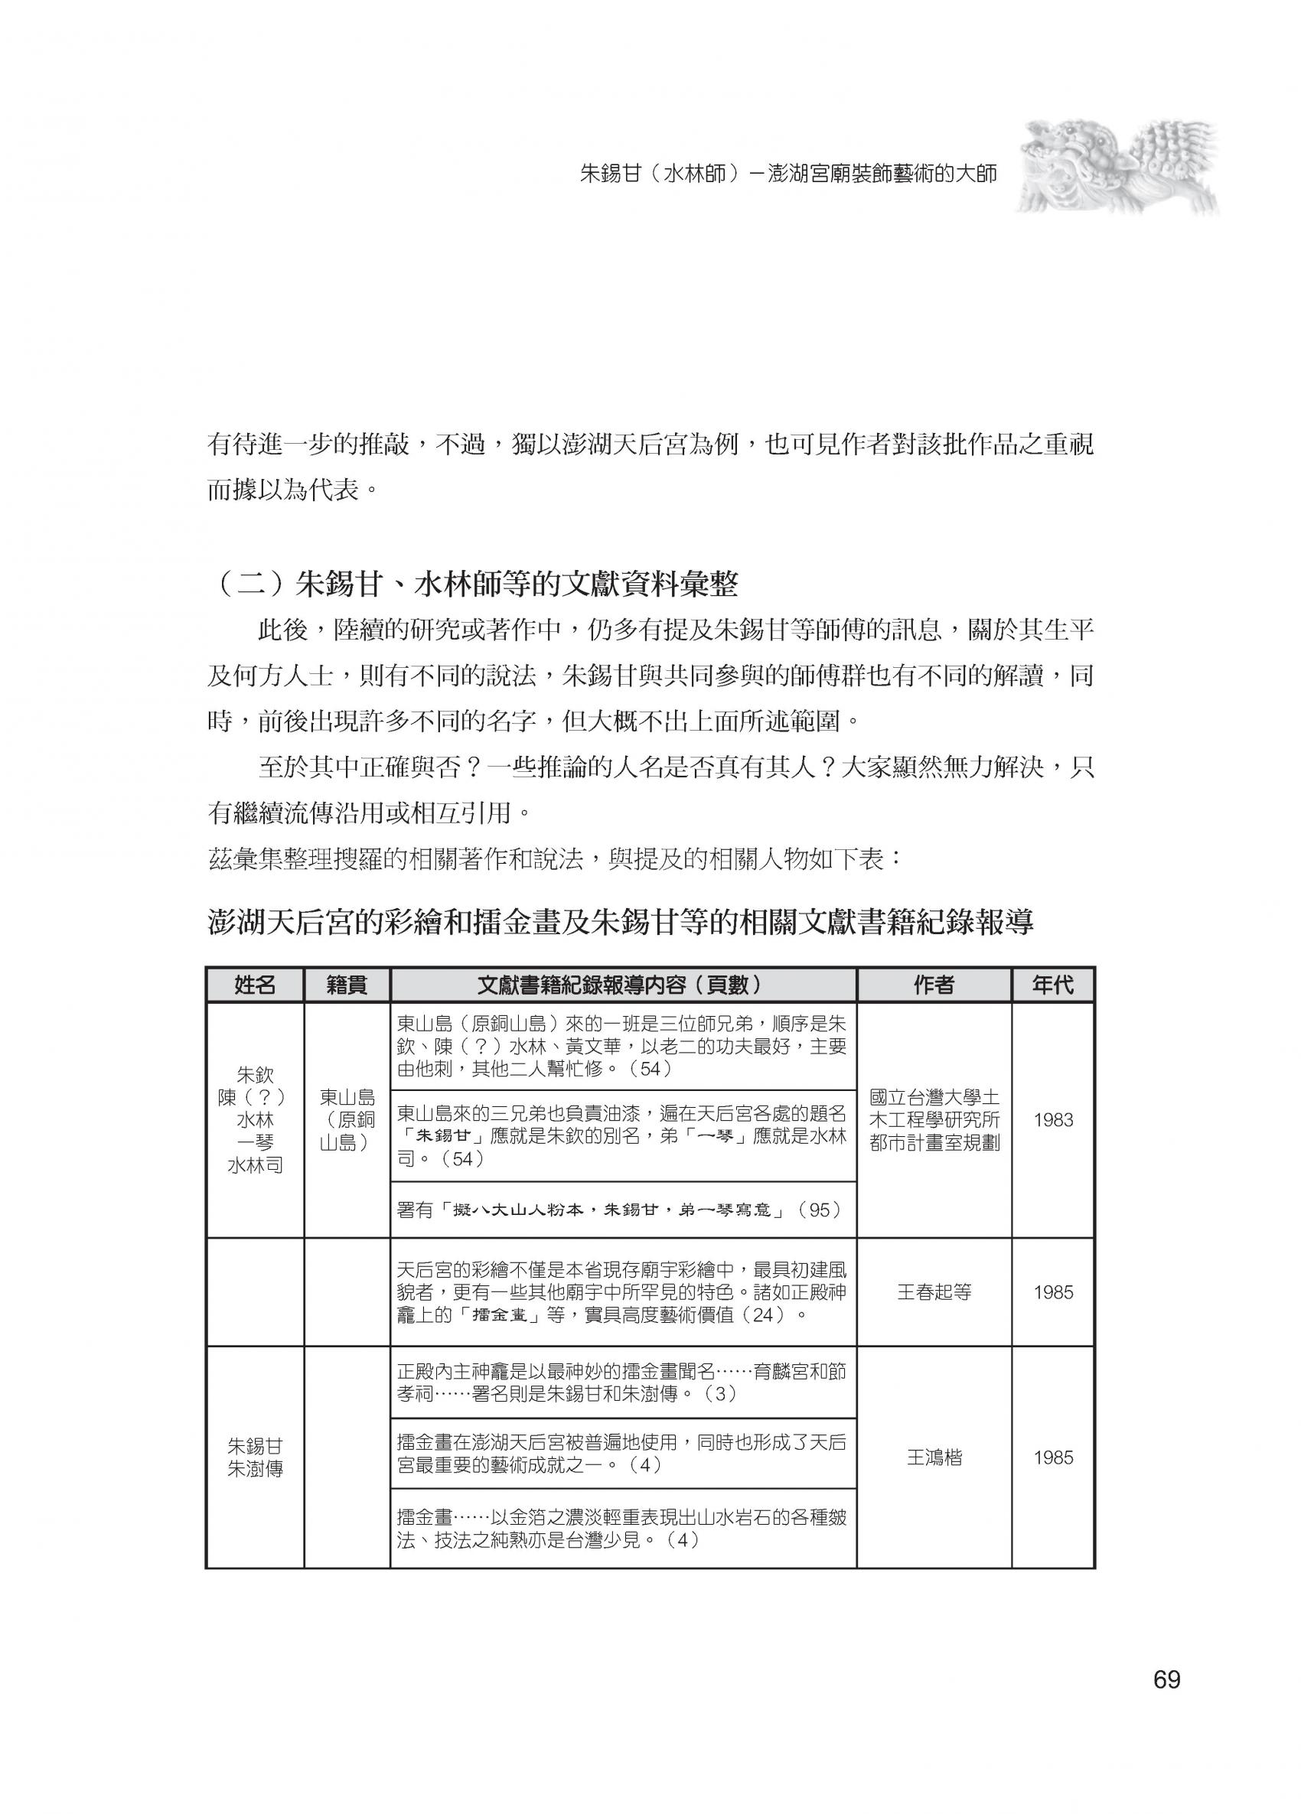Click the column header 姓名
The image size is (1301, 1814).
pyautogui.click(x=254, y=985)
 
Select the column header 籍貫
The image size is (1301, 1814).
pyautogui.click(x=347, y=985)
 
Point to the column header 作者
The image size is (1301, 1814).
pyautogui.click(x=933, y=985)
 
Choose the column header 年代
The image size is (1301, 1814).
pyautogui.click(x=1052, y=985)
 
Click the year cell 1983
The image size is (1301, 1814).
pyautogui.click(x=1052, y=1120)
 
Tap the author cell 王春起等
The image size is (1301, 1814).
pyautogui.click(x=933, y=1291)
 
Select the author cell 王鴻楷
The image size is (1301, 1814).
pyautogui.click(x=933, y=1457)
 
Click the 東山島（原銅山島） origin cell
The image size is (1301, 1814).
pyautogui.click(x=347, y=1120)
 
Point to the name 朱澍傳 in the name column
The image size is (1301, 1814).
pyautogui.click(x=254, y=1469)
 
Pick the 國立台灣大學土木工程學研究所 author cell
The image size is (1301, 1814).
pyautogui.click(x=933, y=1120)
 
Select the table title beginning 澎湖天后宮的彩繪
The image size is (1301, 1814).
pyautogui.click(x=620, y=922)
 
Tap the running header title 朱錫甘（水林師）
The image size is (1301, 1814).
pyautogui.click(x=788, y=174)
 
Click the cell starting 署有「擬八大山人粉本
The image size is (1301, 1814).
pyautogui.click(x=620, y=1210)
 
